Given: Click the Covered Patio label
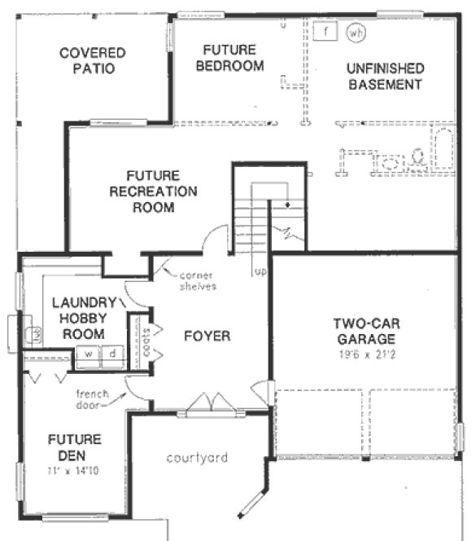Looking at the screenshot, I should [92, 61].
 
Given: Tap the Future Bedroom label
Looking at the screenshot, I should [233, 57].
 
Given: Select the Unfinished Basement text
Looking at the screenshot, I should [385, 76].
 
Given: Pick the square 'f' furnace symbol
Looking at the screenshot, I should [325, 33].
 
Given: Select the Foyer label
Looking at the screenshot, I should [207, 336].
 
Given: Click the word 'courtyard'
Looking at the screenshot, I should [198, 457].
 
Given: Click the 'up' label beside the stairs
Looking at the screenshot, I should [260, 270].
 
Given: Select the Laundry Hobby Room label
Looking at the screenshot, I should [78, 318].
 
